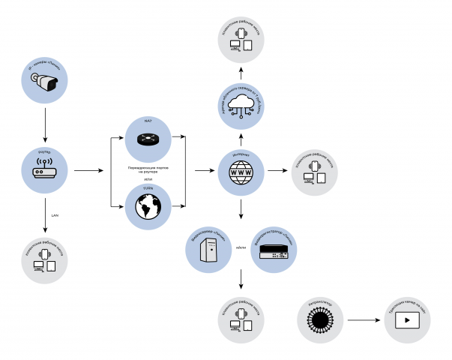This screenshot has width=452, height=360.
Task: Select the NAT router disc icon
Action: (148, 139)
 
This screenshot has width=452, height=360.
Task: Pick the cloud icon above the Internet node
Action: (241, 105)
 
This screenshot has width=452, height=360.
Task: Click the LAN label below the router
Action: (54, 215)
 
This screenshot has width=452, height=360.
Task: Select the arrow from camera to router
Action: (46, 124)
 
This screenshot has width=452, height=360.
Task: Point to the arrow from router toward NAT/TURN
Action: (88, 171)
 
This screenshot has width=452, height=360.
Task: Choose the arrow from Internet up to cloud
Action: (241, 139)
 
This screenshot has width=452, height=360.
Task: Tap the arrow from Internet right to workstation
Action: (277, 171)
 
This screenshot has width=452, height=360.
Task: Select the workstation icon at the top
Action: (241, 39)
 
